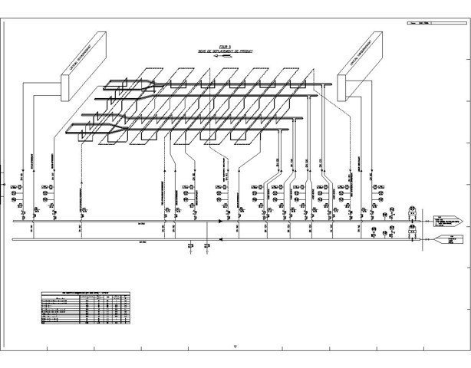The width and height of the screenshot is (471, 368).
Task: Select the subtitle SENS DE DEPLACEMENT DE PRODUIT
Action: point(224,51)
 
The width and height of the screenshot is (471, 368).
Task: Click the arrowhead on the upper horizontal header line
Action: point(221,222)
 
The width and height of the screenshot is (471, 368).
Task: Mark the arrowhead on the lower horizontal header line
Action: point(221,239)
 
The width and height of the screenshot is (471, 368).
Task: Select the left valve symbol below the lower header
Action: point(190,245)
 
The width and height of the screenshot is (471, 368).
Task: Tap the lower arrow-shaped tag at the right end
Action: point(448,240)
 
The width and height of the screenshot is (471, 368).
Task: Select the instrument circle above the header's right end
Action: point(413,209)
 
